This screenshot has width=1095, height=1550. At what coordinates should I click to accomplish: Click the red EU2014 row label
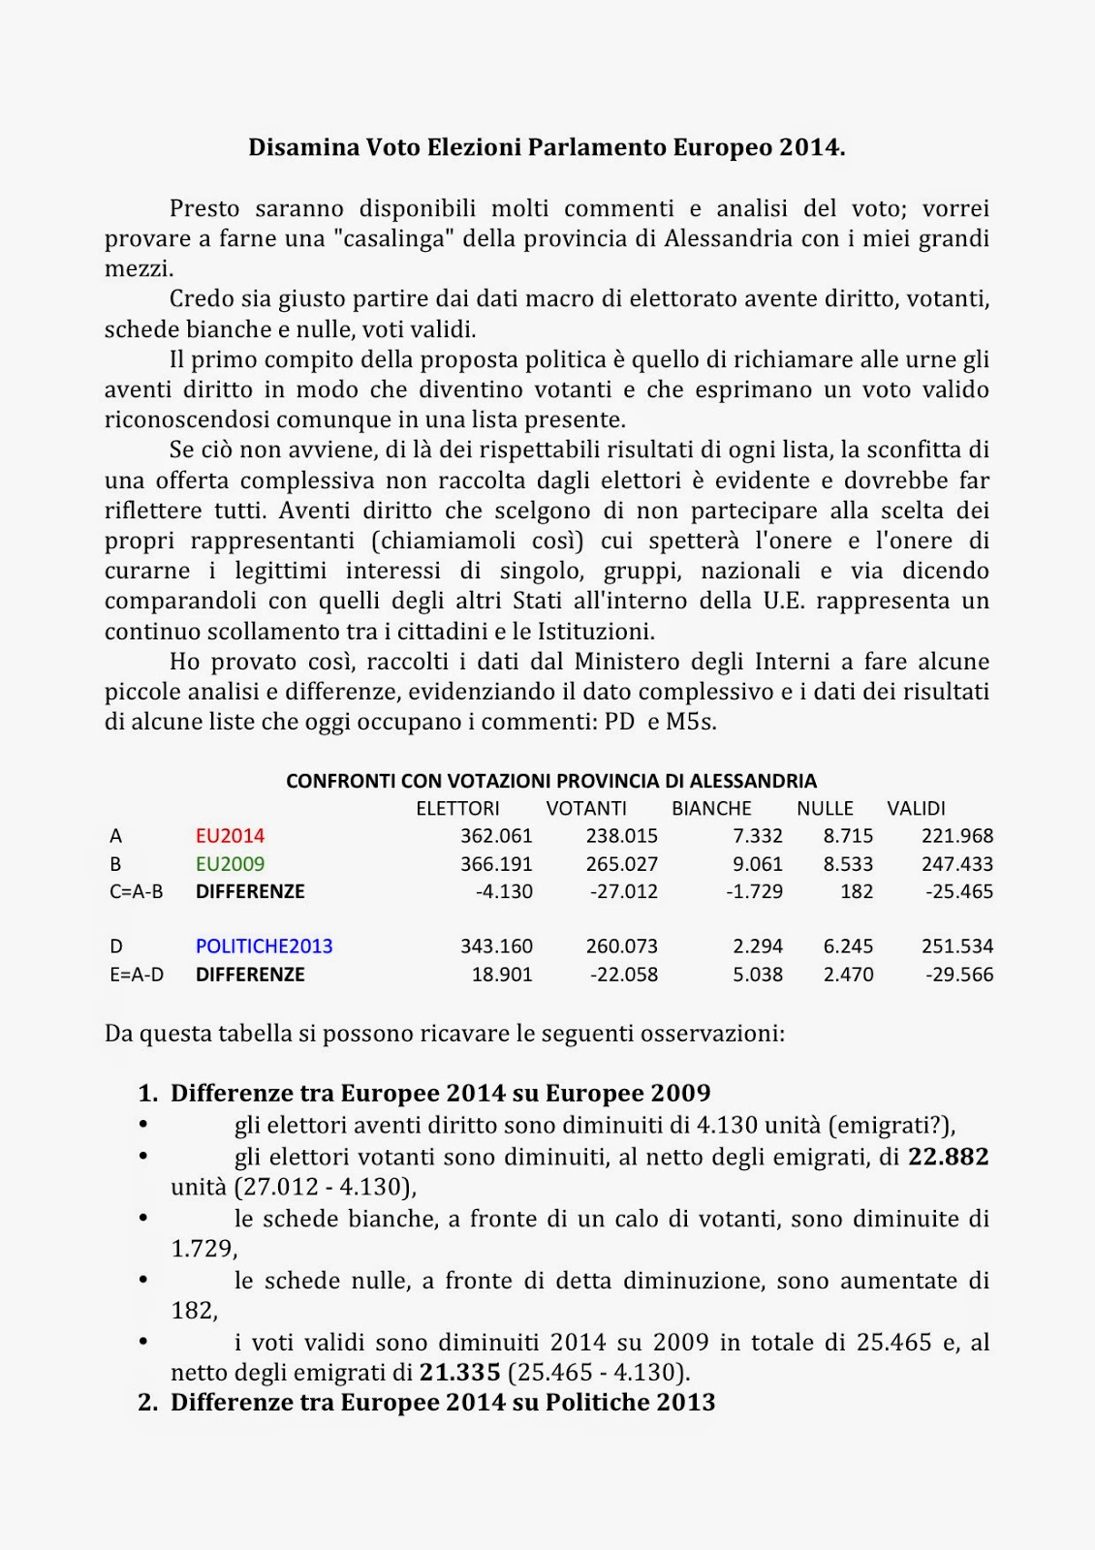point(230,836)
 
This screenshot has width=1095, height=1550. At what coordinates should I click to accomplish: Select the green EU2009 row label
point(230,864)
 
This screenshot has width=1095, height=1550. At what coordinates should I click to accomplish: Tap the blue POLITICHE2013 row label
point(264,946)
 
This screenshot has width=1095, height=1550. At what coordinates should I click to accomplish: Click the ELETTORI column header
point(457,809)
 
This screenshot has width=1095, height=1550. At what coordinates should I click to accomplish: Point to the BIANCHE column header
point(711,809)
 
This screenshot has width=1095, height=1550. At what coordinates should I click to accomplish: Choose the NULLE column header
point(825,809)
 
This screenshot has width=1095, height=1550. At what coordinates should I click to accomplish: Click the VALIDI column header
point(916,809)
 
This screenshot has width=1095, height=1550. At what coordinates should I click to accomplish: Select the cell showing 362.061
point(496,836)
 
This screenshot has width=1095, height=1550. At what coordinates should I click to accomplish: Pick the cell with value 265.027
point(621,864)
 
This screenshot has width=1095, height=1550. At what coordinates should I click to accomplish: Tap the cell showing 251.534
point(956,946)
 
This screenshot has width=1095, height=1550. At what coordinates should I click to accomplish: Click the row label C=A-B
point(137,891)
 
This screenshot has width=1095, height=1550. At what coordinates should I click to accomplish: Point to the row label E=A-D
point(137,975)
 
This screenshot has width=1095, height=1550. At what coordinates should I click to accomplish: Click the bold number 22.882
point(948,1157)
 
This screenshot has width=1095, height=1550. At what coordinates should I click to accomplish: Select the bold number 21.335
point(459,1373)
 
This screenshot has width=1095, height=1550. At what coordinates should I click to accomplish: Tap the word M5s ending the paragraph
point(690,722)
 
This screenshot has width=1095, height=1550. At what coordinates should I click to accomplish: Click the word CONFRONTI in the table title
point(335,781)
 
